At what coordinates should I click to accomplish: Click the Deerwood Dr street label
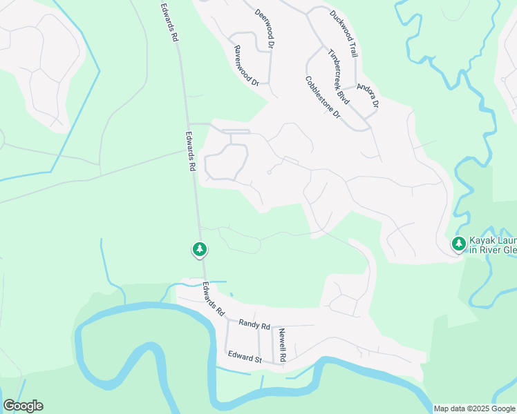tap(265, 28)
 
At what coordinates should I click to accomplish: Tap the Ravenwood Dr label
tap(246, 66)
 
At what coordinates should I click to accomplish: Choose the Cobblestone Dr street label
tap(323, 97)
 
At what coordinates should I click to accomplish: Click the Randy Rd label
tap(254, 324)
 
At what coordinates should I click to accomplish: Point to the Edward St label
tap(245, 357)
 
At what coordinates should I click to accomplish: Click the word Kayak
tap(482, 240)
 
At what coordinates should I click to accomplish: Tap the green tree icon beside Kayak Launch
tap(458, 244)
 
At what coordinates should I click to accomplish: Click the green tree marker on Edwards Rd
tap(199, 248)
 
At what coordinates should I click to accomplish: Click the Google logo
tap(23, 406)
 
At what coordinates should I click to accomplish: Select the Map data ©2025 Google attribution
tap(474, 408)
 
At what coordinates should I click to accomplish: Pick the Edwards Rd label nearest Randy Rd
tap(214, 299)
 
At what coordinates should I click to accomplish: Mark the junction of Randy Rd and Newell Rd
tap(272, 326)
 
